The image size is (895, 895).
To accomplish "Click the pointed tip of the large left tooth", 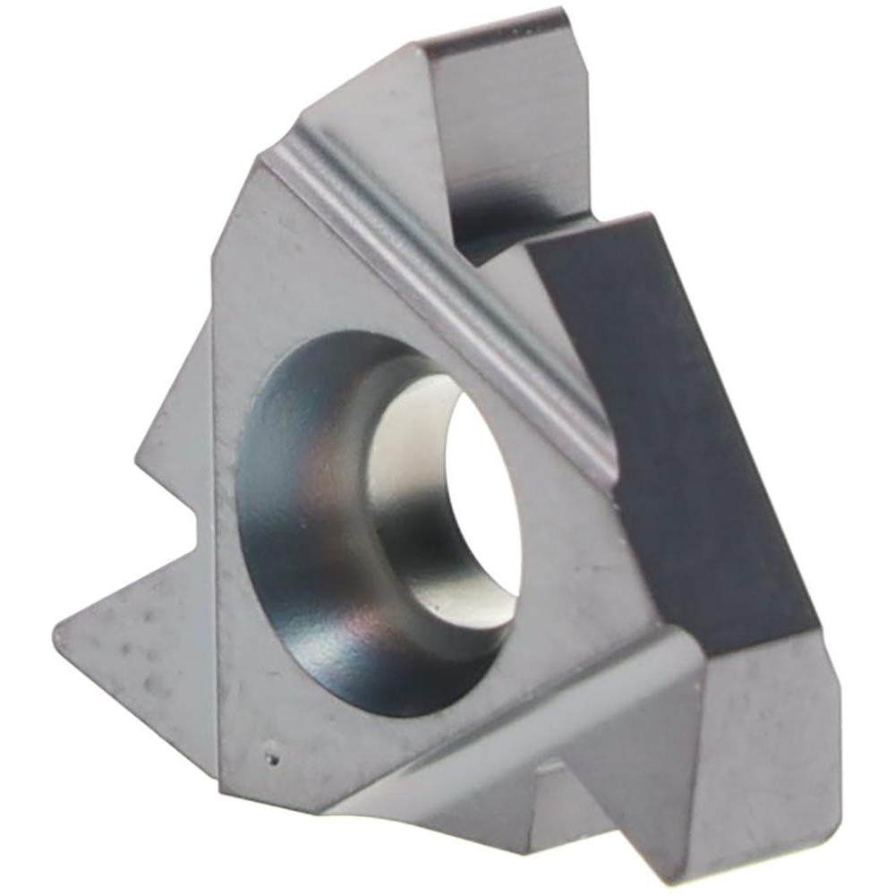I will [59, 626].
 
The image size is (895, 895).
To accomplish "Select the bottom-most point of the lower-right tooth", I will [689, 882].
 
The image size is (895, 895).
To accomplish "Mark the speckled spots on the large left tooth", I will [134, 644].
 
